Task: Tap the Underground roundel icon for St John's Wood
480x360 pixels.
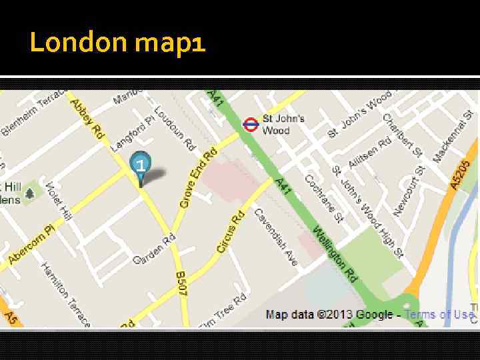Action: [x=251, y=123]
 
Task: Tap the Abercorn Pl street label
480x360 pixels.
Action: [x=31, y=245]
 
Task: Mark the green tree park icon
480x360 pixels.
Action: [x=29, y=195]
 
